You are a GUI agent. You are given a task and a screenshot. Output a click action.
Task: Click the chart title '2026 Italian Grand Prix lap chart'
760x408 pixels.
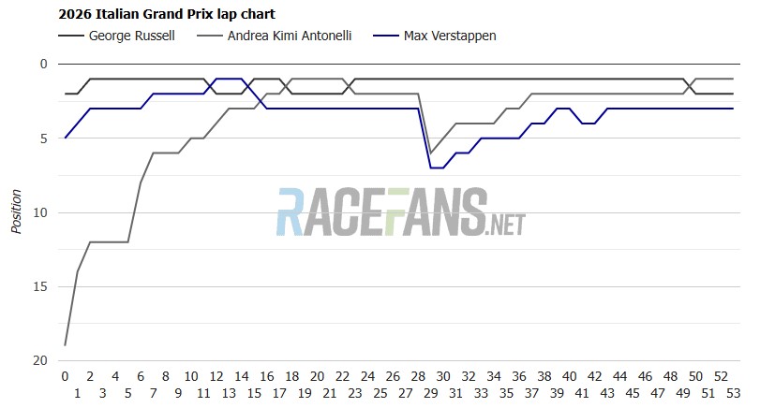167,14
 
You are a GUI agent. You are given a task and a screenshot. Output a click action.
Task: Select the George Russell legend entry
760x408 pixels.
116,36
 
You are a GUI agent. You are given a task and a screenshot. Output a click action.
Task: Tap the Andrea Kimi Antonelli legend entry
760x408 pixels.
275,36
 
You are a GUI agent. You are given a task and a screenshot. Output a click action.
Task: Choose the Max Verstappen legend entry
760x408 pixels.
435,36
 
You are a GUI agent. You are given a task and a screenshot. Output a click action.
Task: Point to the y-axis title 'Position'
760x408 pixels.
17,211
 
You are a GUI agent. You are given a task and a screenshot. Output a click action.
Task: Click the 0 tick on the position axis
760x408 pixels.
44,64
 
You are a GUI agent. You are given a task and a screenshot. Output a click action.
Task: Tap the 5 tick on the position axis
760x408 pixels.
44,138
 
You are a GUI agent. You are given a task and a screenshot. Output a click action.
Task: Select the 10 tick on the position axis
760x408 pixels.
40,212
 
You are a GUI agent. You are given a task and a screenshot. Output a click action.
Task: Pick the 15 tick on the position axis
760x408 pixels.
40,286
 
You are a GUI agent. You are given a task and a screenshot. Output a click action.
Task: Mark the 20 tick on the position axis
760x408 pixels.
40,360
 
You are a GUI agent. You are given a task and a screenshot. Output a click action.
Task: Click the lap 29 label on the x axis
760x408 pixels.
430,393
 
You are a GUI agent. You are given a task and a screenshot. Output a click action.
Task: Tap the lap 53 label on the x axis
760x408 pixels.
734,393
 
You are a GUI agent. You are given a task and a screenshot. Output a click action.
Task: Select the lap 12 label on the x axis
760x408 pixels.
216,376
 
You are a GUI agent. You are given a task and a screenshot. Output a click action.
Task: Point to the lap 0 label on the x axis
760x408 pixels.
65,376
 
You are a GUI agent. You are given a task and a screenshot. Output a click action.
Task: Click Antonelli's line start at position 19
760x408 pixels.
65,345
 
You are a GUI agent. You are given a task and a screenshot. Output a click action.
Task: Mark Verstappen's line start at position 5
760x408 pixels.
65,138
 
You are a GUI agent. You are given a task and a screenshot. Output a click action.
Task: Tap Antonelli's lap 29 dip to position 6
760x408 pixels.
431,153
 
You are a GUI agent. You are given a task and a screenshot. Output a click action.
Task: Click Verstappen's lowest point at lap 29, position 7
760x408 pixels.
437,168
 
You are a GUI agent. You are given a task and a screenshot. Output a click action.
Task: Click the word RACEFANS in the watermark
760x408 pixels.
382,212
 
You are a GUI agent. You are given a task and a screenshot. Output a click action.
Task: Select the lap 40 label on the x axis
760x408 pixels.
570,376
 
